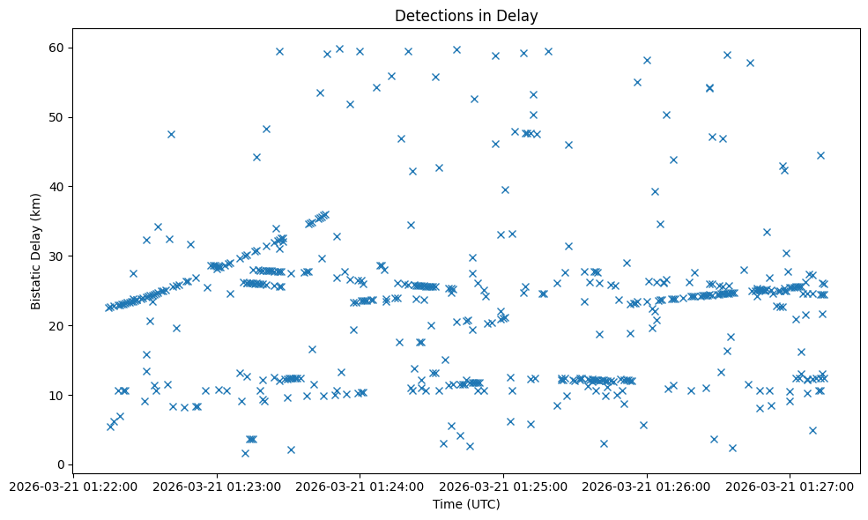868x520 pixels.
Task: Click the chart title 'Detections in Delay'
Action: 466,16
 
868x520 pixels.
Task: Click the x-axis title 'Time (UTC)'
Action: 466,504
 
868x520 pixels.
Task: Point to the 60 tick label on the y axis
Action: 55,48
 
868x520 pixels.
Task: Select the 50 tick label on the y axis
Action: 55,117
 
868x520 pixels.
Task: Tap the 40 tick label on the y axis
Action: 55,187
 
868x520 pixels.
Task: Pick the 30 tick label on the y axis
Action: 55,256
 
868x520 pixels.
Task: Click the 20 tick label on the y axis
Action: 55,326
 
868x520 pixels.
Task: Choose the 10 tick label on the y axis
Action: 55,396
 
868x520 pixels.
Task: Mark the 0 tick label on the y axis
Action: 58,465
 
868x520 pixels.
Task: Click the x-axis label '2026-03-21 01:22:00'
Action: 73,486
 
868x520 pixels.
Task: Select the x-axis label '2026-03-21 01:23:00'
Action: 216,486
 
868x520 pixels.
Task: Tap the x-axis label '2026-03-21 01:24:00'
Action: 360,486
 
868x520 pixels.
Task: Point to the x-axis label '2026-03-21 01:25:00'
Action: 503,486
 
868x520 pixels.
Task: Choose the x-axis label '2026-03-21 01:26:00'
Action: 647,486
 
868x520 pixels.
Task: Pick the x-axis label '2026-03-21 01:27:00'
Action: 790,486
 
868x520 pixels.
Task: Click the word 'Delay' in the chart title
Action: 518,16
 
